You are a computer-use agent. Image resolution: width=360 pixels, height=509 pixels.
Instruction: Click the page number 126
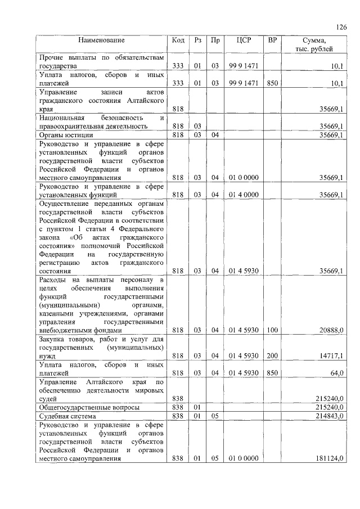point(341,27)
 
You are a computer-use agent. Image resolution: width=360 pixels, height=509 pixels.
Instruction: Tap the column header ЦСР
point(244,40)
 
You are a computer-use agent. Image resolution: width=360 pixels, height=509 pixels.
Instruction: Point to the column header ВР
point(272,40)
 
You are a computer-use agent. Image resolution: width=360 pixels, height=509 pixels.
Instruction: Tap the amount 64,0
point(336,373)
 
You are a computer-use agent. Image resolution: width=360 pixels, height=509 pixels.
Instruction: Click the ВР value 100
point(272,330)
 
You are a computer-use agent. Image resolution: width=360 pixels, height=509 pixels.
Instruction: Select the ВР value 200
point(272,355)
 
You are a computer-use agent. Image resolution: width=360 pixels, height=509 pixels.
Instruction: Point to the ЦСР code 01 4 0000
point(244,195)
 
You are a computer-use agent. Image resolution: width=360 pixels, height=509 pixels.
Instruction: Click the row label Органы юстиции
point(66,135)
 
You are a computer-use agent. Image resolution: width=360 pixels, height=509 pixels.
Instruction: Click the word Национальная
point(61,118)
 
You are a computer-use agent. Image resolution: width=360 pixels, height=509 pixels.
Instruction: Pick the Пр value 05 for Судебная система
point(215,416)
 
